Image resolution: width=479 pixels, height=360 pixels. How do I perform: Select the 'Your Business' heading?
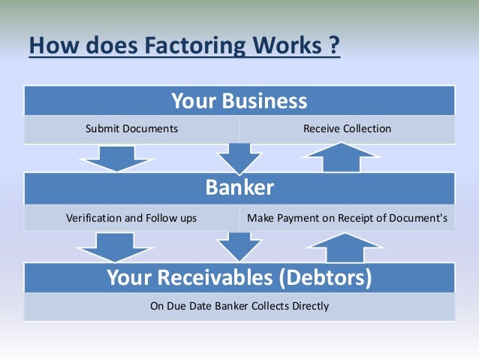point(239,100)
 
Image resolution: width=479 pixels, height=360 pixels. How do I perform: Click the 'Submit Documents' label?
point(131,129)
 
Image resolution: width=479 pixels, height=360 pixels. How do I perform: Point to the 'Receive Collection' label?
point(347,129)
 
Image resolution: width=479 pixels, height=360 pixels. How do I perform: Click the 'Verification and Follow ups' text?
point(131,219)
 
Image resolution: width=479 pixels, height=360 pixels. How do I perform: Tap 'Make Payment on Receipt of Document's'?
point(347,219)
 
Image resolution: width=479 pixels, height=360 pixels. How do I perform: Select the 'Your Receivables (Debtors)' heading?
point(239,279)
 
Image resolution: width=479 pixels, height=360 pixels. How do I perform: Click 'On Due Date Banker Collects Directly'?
point(239,306)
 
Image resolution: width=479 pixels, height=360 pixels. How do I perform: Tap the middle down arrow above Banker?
point(239,158)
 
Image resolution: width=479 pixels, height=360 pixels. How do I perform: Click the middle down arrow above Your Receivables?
point(239,246)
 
